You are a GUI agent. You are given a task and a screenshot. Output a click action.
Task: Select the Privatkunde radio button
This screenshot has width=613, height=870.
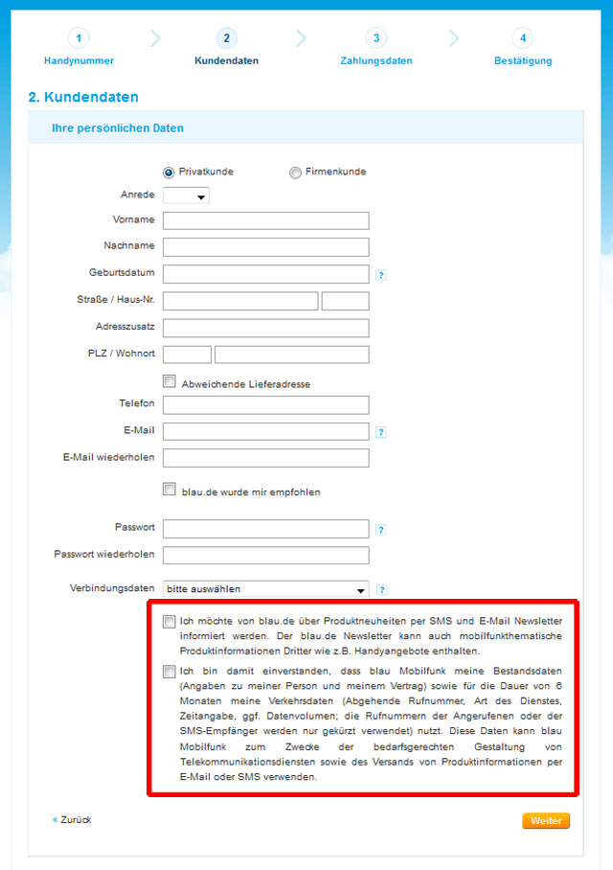[x=169, y=172]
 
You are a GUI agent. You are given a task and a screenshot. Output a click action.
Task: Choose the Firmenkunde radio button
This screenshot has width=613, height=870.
[x=295, y=172]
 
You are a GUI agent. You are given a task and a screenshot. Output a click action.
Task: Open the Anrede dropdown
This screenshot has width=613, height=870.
[x=187, y=195]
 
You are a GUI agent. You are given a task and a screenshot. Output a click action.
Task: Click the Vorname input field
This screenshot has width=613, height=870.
[x=266, y=220]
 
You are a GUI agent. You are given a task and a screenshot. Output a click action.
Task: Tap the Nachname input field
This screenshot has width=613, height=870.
[x=266, y=247]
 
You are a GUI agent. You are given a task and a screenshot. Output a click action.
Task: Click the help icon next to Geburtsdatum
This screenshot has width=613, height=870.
[x=380, y=275]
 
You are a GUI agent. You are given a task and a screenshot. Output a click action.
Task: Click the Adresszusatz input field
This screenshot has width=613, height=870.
[x=266, y=328]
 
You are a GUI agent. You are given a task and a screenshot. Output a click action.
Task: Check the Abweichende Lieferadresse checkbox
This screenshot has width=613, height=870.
[x=170, y=381]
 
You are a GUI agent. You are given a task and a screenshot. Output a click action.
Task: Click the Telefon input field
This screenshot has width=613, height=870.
[x=266, y=405]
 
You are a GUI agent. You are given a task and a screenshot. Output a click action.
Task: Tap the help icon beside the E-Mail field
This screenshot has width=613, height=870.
[x=380, y=432]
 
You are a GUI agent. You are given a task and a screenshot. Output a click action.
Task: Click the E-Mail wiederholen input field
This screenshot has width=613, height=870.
[x=266, y=458]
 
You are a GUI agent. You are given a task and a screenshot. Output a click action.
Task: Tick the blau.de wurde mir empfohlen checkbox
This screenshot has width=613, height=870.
[x=170, y=489]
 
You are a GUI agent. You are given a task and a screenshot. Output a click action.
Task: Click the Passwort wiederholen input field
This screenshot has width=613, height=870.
[x=266, y=555]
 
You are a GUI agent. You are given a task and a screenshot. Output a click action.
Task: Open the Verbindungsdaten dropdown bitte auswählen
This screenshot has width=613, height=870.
[x=266, y=589]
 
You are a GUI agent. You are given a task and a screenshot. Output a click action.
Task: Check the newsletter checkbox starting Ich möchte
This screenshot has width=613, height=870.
[x=170, y=622]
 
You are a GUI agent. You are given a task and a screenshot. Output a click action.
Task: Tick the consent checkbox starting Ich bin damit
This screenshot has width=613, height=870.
[x=170, y=671]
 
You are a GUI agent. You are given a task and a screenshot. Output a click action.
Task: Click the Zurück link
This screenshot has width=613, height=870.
[x=76, y=820]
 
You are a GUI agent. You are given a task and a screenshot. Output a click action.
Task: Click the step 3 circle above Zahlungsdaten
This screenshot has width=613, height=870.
[x=376, y=38]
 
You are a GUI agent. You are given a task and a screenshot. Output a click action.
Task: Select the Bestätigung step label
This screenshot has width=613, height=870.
[x=522, y=61]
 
